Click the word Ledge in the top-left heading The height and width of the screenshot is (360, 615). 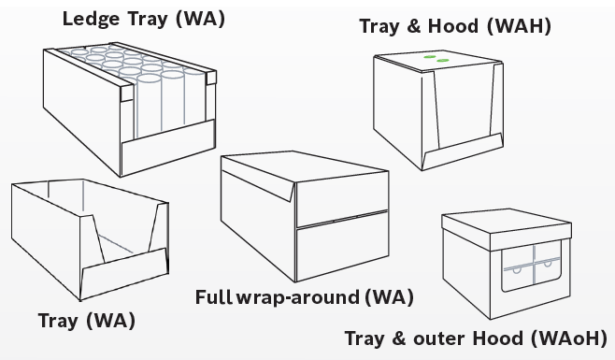point(91,19)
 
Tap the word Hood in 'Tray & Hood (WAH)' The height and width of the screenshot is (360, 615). point(453,26)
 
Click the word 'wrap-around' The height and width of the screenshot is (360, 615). point(298,297)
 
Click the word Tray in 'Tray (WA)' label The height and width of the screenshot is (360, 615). point(58,321)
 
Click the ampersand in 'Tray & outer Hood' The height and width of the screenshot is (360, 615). point(398,338)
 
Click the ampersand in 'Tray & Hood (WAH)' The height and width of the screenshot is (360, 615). point(413,26)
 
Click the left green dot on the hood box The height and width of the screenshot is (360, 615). point(429,57)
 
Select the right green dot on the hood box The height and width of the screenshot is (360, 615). point(442,61)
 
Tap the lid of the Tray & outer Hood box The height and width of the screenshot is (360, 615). point(507,230)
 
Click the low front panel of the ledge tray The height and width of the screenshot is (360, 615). point(168,147)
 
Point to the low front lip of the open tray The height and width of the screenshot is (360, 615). point(124,273)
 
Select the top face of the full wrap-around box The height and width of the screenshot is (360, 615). point(305,166)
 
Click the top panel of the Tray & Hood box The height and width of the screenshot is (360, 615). point(438,61)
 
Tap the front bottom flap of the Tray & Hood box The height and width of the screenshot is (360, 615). point(463,151)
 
